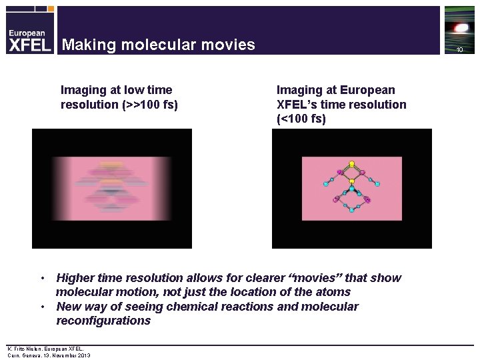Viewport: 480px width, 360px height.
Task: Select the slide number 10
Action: [459, 50]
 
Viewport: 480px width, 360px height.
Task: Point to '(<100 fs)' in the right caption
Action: [301, 119]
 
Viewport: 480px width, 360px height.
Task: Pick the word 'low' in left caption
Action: [127, 89]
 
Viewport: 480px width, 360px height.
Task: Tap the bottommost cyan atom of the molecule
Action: [351, 210]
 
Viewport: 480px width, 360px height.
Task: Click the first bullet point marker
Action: [42, 277]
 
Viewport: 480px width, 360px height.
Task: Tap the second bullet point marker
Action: [42, 307]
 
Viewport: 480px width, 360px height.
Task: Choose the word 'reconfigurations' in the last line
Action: [103, 321]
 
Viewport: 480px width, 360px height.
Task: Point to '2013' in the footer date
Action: [83, 355]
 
